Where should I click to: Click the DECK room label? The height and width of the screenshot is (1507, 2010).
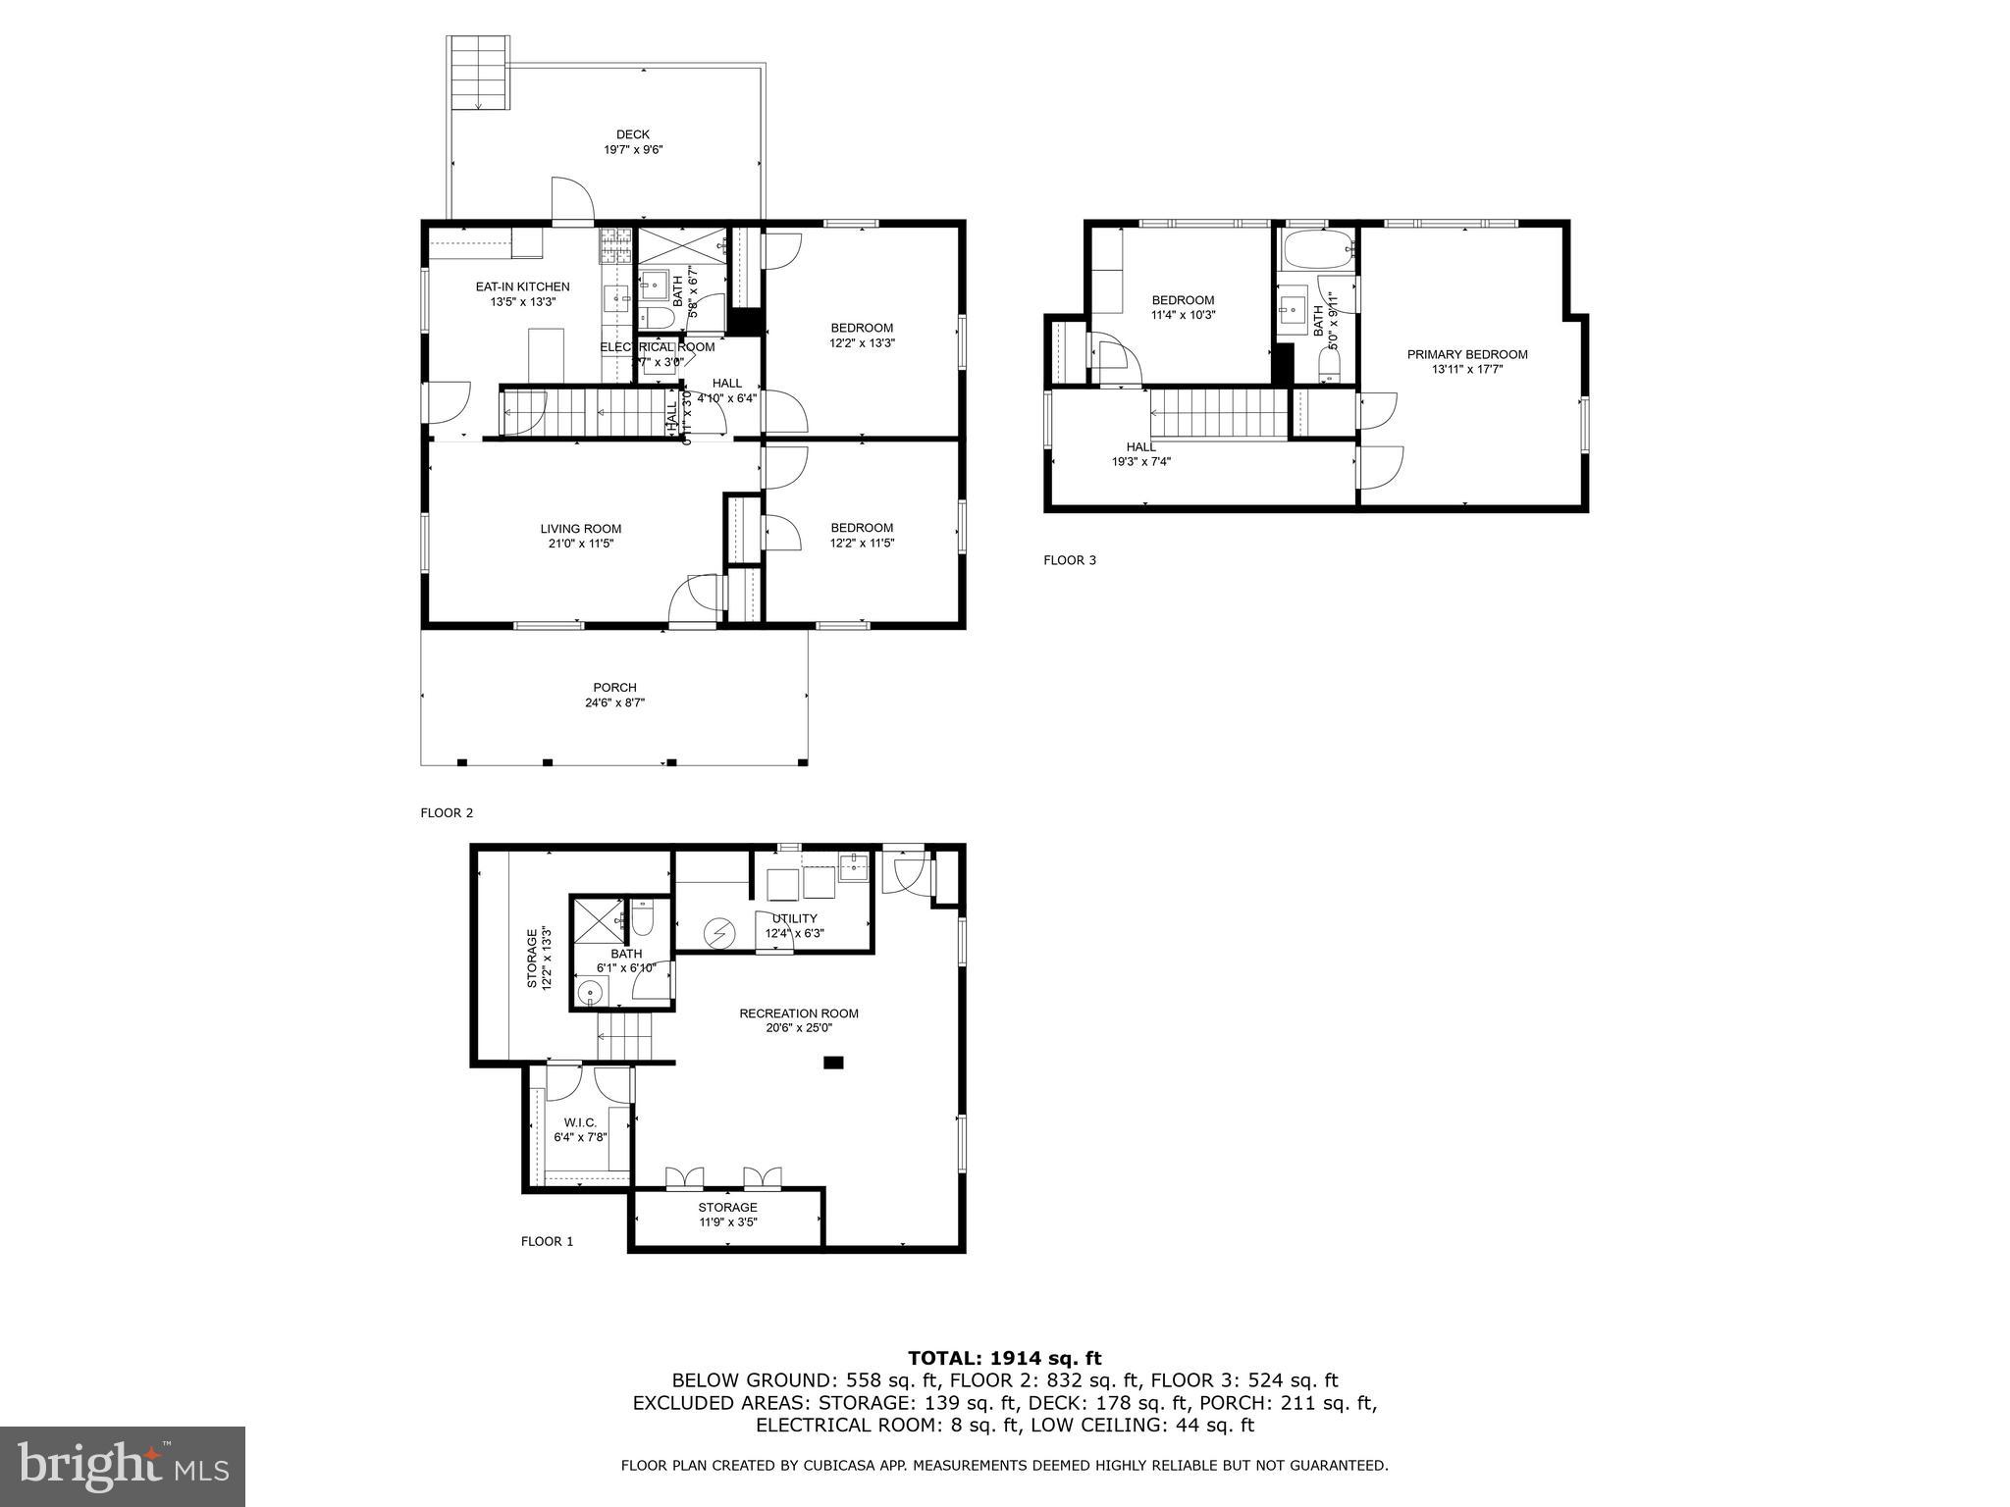tap(632, 135)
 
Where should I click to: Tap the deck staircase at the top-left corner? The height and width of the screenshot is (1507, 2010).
tap(478, 73)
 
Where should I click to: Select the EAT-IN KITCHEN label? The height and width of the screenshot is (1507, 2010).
tap(522, 286)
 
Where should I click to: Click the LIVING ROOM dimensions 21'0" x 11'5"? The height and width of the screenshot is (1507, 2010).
tap(580, 544)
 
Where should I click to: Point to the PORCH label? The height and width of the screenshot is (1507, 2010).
tap(614, 688)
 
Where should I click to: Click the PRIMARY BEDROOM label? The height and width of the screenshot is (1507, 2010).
tap(1467, 355)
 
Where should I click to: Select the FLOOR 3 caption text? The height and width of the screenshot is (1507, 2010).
tap(1069, 560)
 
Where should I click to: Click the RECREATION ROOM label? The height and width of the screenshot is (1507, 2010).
tap(799, 1013)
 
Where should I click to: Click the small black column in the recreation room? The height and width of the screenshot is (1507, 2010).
tap(833, 1062)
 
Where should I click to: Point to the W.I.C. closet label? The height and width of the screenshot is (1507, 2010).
tap(580, 1122)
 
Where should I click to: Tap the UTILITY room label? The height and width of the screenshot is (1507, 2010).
tap(794, 918)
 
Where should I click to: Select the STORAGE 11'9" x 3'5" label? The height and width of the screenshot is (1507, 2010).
tap(727, 1215)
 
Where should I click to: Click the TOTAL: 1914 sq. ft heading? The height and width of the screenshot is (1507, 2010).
tap(1004, 1358)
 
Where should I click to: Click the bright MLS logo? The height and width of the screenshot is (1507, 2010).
tap(123, 1466)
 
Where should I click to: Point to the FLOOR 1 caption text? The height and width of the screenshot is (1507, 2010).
tap(547, 1241)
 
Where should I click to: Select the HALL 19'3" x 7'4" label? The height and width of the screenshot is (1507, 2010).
tap(1140, 453)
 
